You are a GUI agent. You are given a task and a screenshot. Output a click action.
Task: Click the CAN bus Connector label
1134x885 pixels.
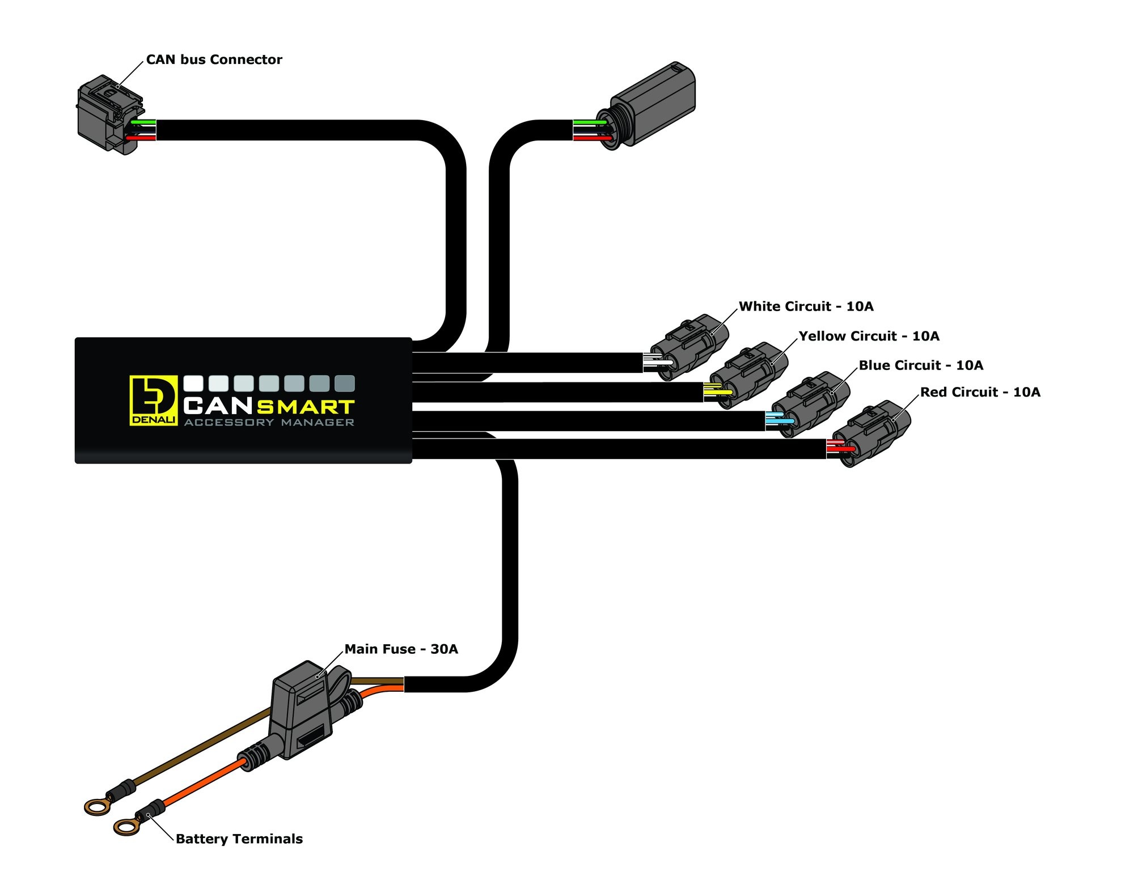[x=214, y=59]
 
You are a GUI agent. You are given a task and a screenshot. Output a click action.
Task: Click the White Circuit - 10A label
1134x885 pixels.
[x=806, y=307]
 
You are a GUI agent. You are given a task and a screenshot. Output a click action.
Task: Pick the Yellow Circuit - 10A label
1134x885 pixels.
[x=869, y=336]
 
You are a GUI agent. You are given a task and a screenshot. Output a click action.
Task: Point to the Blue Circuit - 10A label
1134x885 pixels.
[x=921, y=365]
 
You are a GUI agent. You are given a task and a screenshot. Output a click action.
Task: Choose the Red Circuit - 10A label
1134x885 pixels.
[x=980, y=392]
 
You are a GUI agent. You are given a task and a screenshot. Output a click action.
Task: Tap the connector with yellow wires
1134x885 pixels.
[x=749, y=375]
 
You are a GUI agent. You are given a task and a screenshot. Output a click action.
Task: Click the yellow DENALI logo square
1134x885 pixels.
[x=153, y=400]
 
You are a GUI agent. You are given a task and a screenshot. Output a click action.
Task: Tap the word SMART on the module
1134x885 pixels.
[x=306, y=407]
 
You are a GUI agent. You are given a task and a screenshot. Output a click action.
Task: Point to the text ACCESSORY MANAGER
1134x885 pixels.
[x=269, y=423]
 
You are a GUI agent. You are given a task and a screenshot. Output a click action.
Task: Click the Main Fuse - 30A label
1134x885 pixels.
[x=401, y=649]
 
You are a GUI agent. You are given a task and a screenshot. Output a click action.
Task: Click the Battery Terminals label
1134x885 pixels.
[x=239, y=839]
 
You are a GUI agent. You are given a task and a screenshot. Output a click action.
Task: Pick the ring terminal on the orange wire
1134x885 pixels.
[x=126, y=827]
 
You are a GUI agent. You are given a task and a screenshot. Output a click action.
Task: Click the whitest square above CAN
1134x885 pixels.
[x=193, y=384]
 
